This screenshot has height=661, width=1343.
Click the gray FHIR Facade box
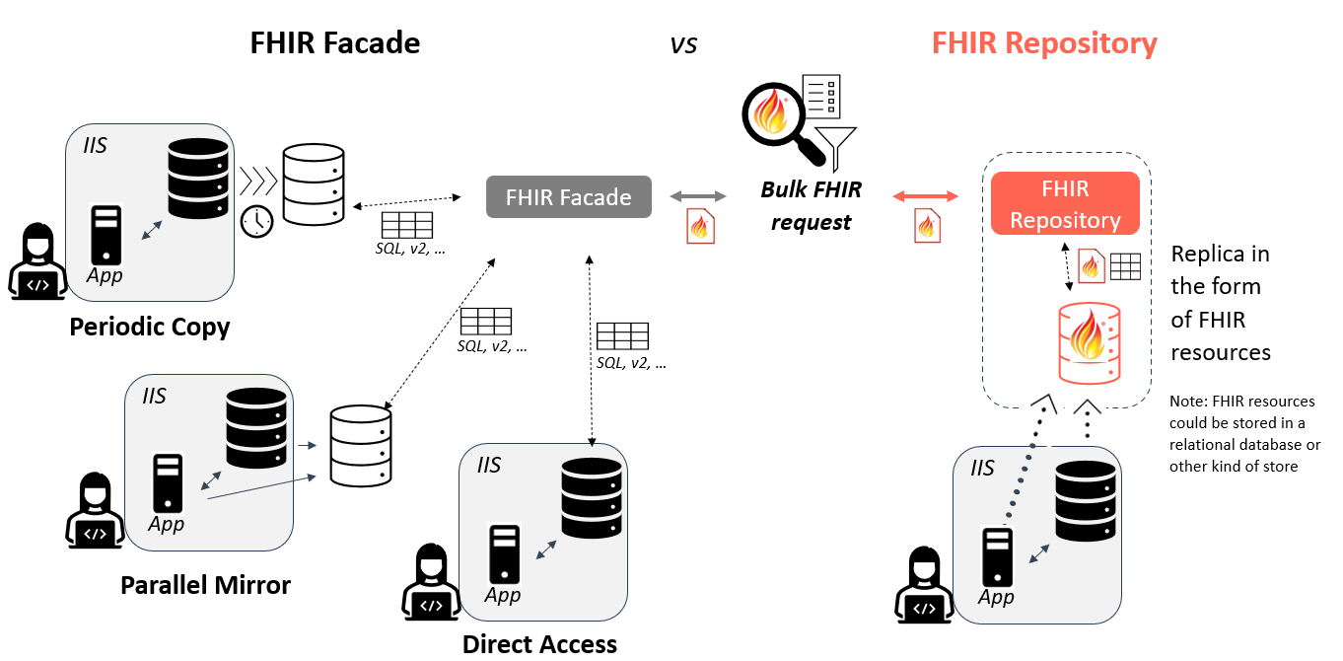pos(568,196)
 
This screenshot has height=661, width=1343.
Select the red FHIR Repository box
pos(1065,203)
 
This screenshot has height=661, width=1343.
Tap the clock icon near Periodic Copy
pos(256,221)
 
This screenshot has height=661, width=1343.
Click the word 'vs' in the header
pos(683,44)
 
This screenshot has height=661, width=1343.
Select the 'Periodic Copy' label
pos(149,328)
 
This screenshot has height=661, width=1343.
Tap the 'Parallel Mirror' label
pos(205,585)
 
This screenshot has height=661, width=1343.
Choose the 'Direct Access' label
pos(539,644)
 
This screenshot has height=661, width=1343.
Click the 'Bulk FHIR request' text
pos(811,206)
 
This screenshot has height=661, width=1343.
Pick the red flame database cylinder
pos(1090,343)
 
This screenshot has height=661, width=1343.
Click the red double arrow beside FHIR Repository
pos(925,196)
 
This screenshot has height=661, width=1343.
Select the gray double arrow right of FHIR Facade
pos(698,196)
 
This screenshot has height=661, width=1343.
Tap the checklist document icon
pos(821,97)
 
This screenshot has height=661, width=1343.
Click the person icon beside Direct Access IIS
pos(431,582)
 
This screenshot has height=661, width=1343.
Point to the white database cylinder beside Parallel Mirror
pos(361,446)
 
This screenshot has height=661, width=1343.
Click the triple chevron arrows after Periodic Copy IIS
pos(258,182)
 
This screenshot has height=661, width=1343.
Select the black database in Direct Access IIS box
pos(592,498)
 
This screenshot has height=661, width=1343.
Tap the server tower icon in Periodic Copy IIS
pos(106,235)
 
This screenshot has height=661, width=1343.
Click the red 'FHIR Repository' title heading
pos(1044,43)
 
